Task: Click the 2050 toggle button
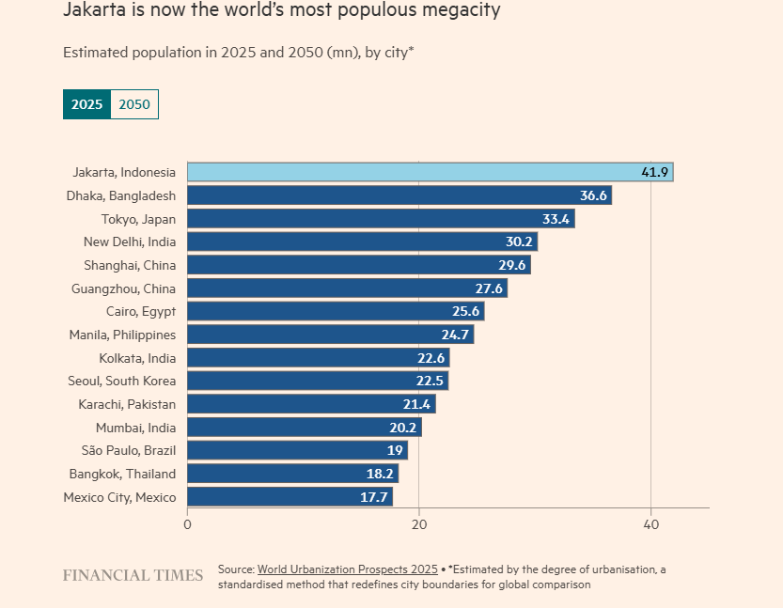coord(134,105)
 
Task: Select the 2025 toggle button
coord(87,105)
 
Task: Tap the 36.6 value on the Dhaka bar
coord(594,195)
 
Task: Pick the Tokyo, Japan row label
coord(138,219)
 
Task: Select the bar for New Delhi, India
coord(362,242)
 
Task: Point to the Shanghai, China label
coord(130,265)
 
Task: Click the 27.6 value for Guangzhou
coord(490,288)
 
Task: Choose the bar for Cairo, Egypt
coord(336,311)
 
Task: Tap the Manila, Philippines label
coord(122,335)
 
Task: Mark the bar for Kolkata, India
coord(318,357)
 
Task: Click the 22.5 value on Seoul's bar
coord(431,381)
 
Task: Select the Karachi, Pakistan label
coord(127,404)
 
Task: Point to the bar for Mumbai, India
coord(304,427)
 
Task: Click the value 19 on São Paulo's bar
coord(396,450)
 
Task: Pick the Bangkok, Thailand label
coord(122,474)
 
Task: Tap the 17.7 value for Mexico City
coord(374,497)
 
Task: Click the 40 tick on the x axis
coord(650,525)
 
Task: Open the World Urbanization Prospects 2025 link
coord(348,569)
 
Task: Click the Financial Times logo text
coord(133,575)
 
